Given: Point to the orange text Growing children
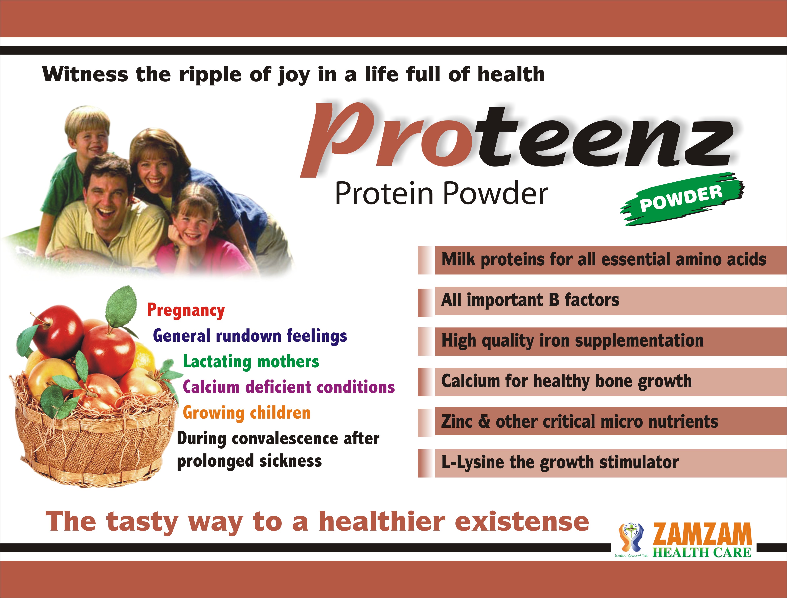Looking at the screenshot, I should pyautogui.click(x=246, y=413).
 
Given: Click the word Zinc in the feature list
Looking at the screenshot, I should pyautogui.click(x=456, y=422).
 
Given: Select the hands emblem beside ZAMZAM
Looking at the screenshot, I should pyautogui.click(x=631, y=537).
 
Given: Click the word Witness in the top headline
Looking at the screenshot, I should pyautogui.click(x=85, y=75).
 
